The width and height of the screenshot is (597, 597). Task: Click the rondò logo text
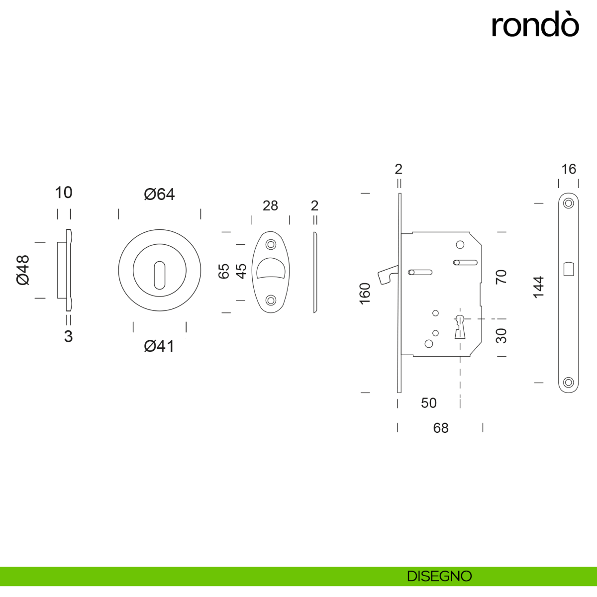535,25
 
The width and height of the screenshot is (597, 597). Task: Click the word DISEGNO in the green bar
439,576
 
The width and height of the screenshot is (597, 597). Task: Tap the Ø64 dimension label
159,194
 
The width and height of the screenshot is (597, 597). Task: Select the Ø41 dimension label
159,346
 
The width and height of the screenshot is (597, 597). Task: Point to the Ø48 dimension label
23,270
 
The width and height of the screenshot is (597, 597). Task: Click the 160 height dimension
365,294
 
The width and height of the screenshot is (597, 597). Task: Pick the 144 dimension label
539,287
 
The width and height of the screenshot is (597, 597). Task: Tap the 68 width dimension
441,428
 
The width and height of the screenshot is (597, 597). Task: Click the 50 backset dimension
428,403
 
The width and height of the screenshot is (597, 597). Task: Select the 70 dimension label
501,277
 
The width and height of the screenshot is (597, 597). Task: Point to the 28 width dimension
270,205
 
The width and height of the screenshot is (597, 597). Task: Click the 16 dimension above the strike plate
569,169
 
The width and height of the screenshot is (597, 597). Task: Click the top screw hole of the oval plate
271,245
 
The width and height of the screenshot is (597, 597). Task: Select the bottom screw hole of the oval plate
271,300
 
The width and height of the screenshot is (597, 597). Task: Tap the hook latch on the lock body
386,275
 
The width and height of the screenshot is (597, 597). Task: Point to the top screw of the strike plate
569,203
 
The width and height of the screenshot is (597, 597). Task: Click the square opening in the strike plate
569,269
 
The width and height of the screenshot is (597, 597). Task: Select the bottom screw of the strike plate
569,383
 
